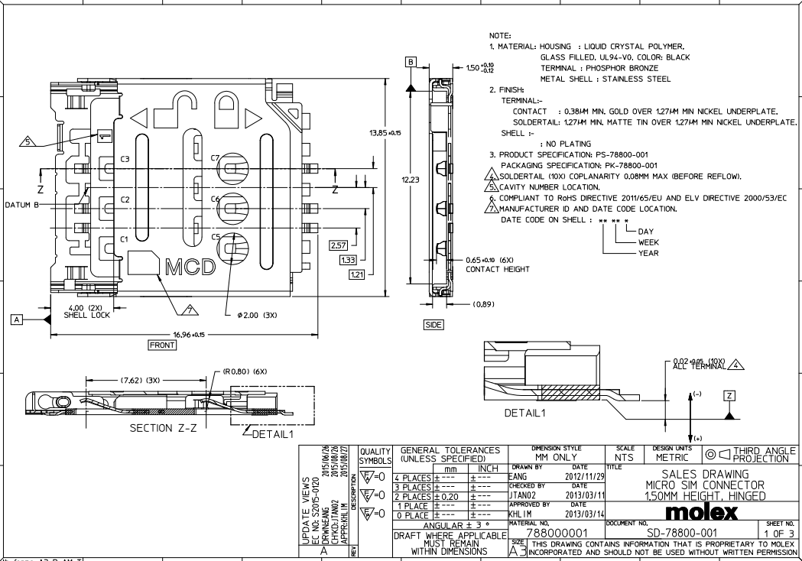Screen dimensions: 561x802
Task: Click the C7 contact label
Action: pyautogui.click(x=215, y=158)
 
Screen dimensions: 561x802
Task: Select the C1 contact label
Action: pyautogui.click(x=125, y=240)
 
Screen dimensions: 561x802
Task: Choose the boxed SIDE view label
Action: pyautogui.click(x=433, y=325)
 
